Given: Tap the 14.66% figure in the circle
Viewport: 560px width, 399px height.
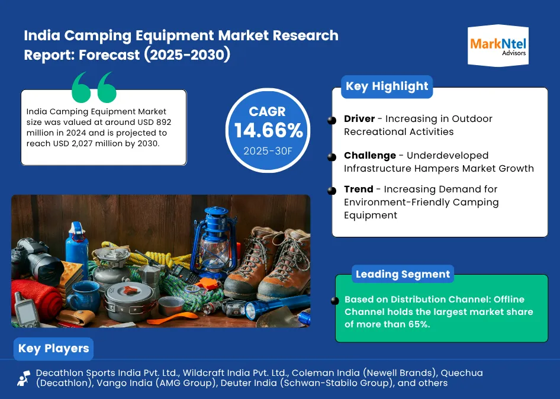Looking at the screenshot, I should tap(268, 130).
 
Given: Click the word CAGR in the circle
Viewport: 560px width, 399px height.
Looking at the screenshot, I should tap(268, 111).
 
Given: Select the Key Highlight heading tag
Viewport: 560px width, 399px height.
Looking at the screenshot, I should tap(387, 86).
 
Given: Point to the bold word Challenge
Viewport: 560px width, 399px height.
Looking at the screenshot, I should tap(370, 156).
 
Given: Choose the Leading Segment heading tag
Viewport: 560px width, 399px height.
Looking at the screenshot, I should tap(403, 274).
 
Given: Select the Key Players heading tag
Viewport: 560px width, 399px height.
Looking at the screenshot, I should tap(53, 348).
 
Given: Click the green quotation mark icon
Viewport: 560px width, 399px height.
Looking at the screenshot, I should tap(94, 88).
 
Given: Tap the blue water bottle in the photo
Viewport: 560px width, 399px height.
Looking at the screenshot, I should tap(77, 243).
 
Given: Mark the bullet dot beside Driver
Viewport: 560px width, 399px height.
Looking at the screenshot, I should tap(332, 120).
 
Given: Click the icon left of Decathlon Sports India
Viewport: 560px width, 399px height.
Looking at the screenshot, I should tap(24, 378).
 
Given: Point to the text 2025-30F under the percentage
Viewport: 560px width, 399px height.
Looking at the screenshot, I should tap(268, 151).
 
